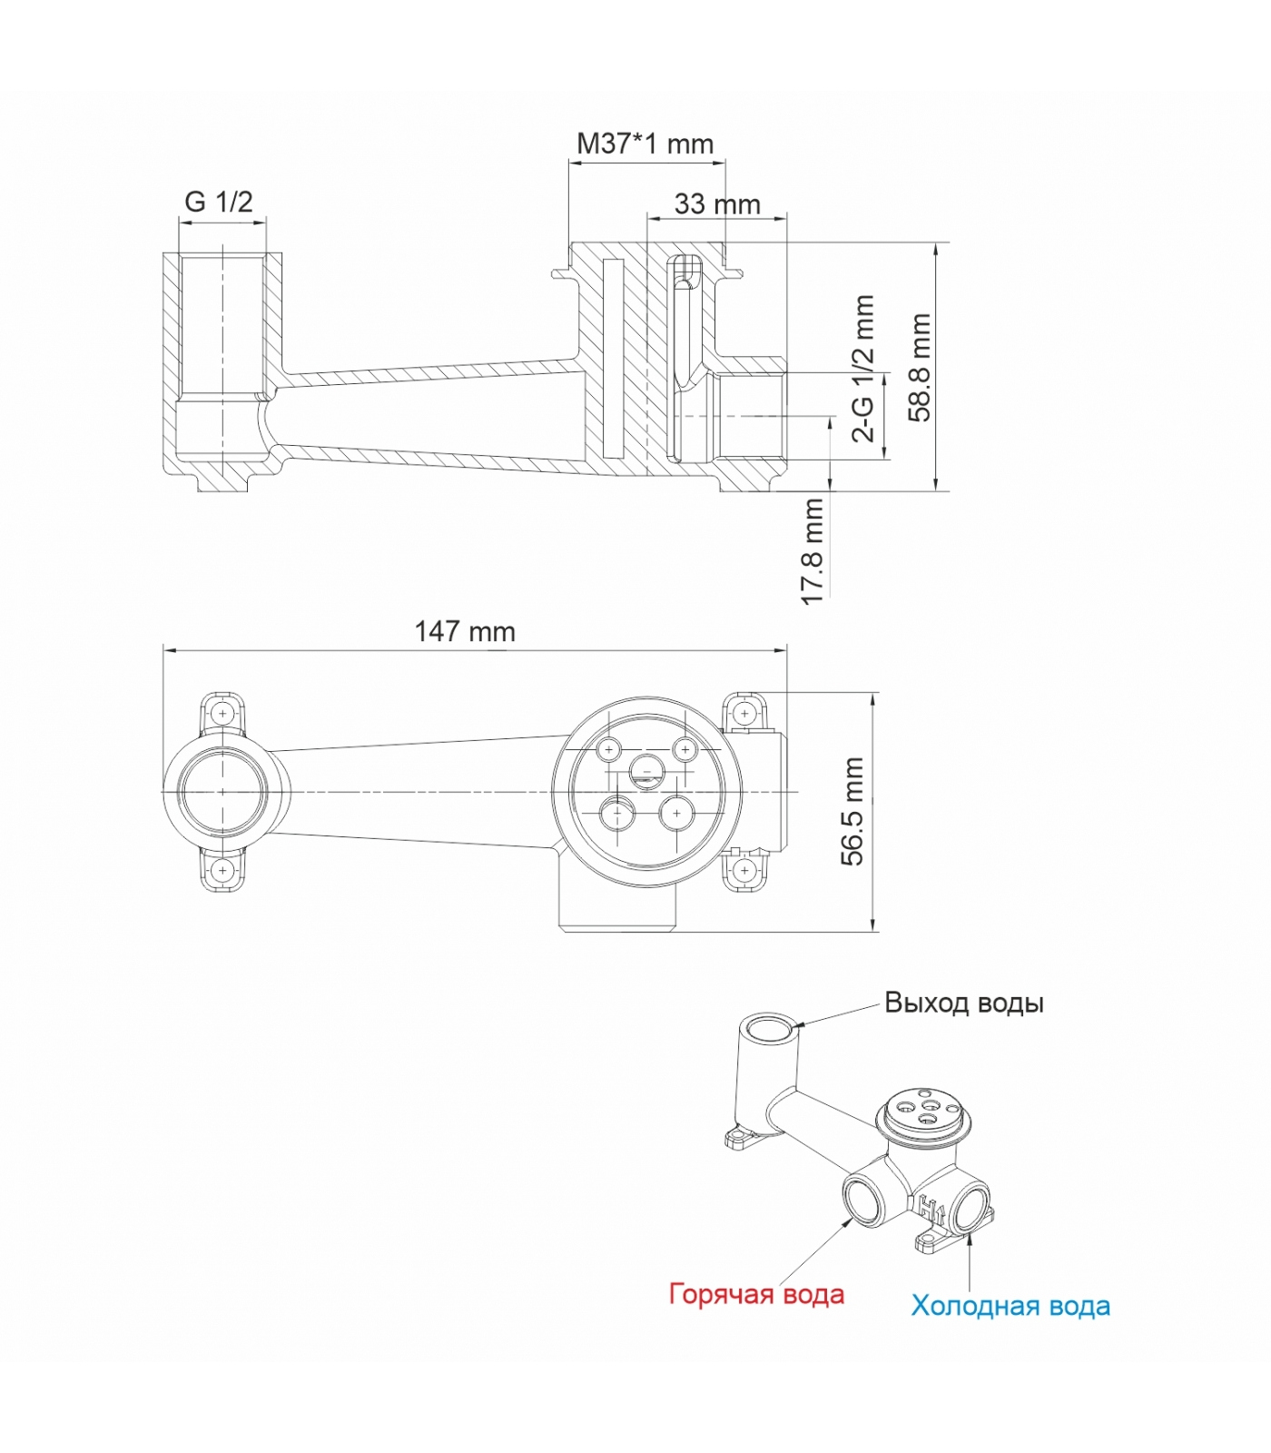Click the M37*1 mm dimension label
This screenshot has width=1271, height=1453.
point(645,143)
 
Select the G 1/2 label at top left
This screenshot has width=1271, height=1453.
point(219,201)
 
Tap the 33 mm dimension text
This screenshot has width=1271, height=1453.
point(717,204)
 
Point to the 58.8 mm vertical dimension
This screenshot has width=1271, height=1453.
point(921,368)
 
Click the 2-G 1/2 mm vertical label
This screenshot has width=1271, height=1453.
point(863,368)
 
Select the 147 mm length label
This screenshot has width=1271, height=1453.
point(465,631)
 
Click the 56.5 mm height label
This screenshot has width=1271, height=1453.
point(853,811)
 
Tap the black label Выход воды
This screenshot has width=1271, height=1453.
point(964,1003)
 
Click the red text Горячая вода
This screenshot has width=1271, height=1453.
point(756,1294)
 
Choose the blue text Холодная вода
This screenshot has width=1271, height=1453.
point(1010,1306)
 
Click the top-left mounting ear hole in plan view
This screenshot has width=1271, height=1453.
point(222,714)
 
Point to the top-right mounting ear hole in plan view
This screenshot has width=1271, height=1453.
point(744,714)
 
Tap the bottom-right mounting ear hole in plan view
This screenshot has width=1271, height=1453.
point(744,871)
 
